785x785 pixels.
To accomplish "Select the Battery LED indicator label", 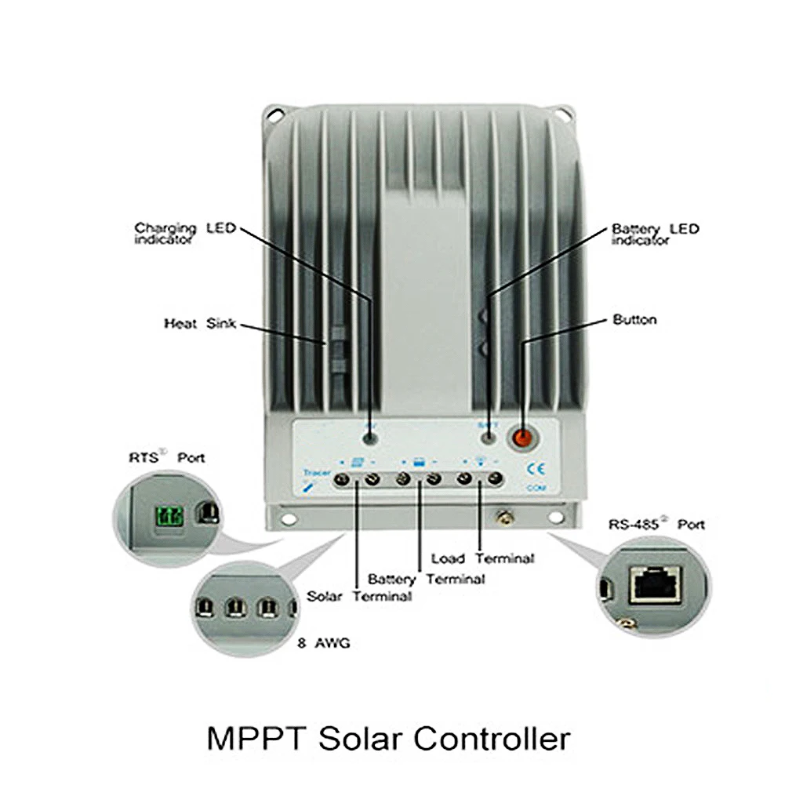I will click(654, 234).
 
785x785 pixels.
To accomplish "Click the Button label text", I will click(634, 320).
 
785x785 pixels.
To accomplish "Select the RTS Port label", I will click(166, 456).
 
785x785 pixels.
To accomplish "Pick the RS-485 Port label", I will click(656, 524).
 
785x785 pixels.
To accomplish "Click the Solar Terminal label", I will click(359, 596).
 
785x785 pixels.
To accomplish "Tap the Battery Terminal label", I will click(426, 580).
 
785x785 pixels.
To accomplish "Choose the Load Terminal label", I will click(482, 558).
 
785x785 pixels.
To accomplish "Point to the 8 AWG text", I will click(324, 645).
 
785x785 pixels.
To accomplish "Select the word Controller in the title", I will click(492, 739).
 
